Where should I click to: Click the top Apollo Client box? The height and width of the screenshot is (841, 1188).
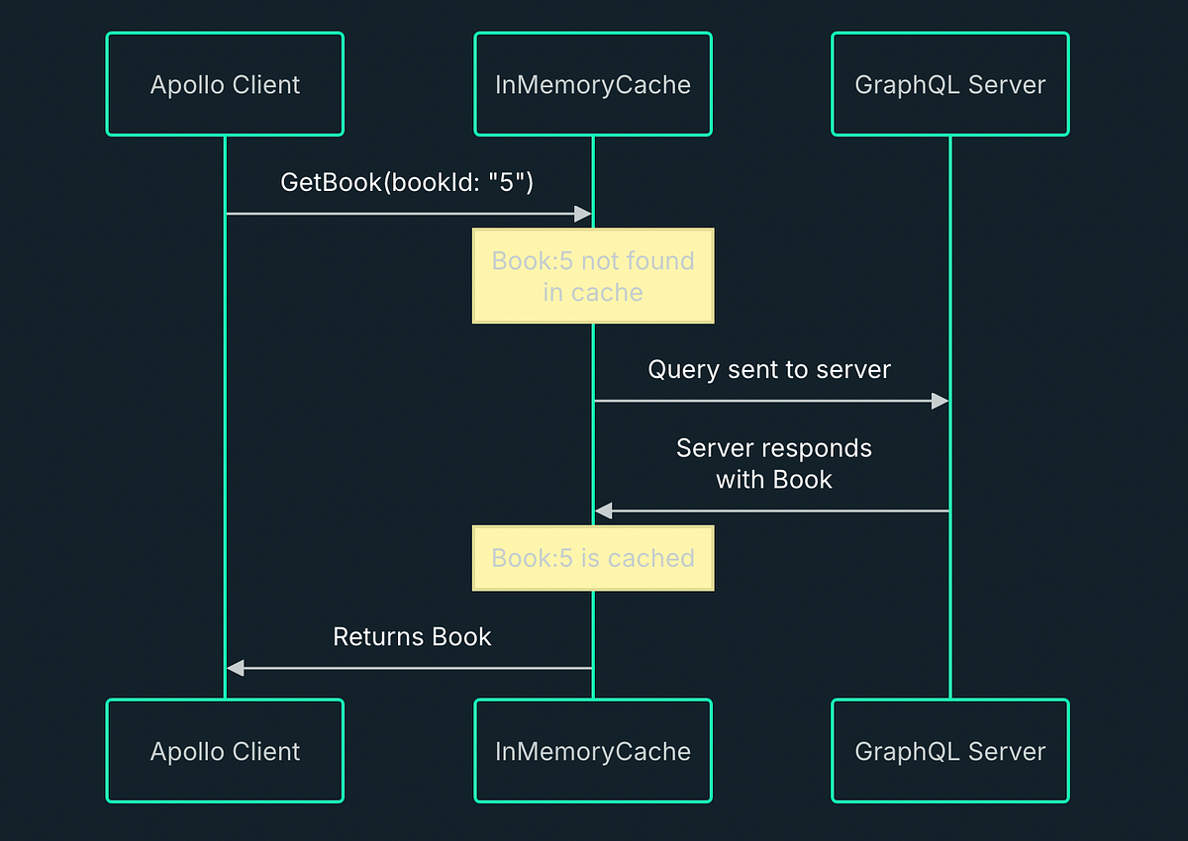coord(225,84)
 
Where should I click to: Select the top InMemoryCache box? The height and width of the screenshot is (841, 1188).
coord(592,84)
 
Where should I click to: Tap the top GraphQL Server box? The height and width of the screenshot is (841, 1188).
coord(949,84)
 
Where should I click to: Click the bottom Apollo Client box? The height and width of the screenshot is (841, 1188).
coord(225,751)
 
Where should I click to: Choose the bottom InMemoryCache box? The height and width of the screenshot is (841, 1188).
coord(592,751)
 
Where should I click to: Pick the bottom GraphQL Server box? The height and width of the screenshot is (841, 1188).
coord(949,751)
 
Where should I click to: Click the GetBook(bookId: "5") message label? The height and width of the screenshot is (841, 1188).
coord(407,182)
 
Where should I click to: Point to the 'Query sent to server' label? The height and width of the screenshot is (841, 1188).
coord(769,369)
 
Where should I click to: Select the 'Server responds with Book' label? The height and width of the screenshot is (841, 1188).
coord(773,463)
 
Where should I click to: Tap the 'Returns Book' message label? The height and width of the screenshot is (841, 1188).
coord(412,636)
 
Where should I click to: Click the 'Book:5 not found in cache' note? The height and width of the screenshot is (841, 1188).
coord(592,276)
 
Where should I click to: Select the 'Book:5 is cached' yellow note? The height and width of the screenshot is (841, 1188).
coord(592,558)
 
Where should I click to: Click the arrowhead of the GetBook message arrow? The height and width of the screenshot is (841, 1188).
coord(583,214)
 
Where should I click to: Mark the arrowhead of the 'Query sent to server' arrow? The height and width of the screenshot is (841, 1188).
coord(940,401)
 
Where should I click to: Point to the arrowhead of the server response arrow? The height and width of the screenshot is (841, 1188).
coord(603,511)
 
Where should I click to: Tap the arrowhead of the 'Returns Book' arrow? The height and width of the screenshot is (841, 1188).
coord(235,668)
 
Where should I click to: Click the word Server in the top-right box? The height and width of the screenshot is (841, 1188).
coord(1006,84)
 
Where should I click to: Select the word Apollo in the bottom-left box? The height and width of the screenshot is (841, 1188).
coord(185,751)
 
